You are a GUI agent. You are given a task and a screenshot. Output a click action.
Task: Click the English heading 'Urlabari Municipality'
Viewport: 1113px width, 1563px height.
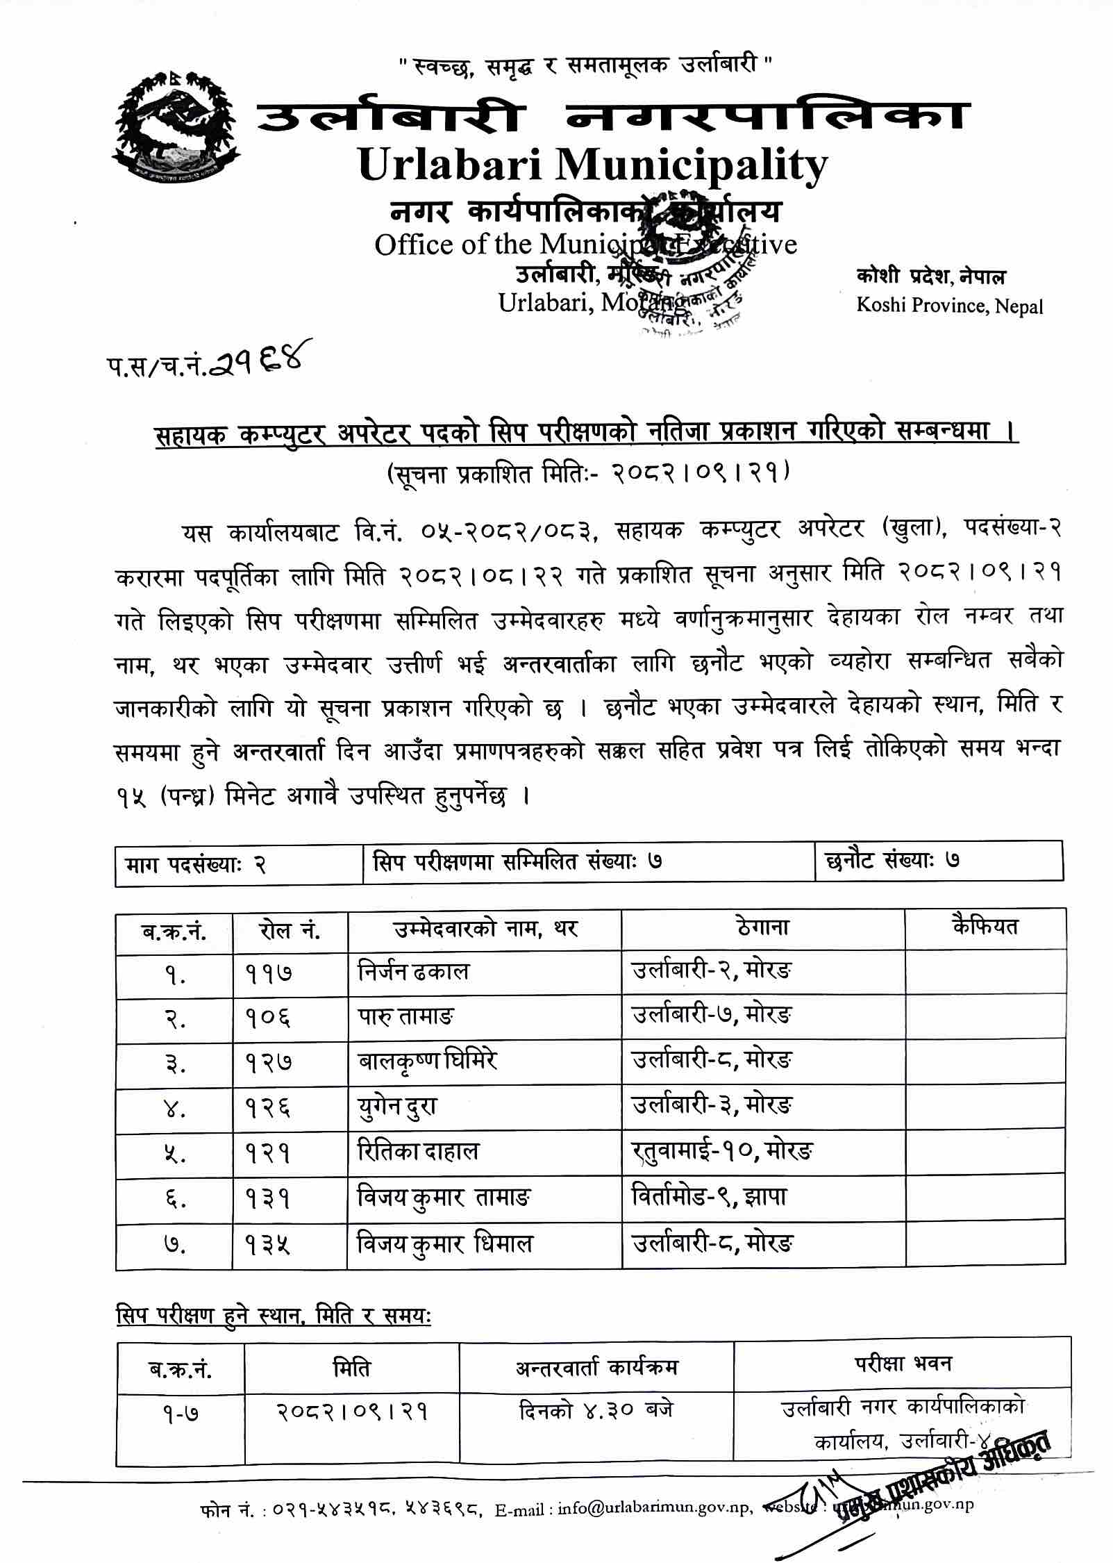(592, 165)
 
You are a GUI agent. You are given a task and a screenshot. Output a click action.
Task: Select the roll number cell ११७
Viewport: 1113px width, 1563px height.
(268, 973)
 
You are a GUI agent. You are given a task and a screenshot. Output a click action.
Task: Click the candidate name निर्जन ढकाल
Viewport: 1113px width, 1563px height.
(413, 972)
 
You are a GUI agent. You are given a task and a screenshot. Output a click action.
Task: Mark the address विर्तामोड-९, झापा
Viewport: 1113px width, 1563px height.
(709, 1196)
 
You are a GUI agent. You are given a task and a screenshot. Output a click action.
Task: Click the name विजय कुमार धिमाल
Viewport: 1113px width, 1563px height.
(444, 1241)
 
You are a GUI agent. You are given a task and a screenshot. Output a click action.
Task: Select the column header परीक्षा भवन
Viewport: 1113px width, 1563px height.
(902, 1364)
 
